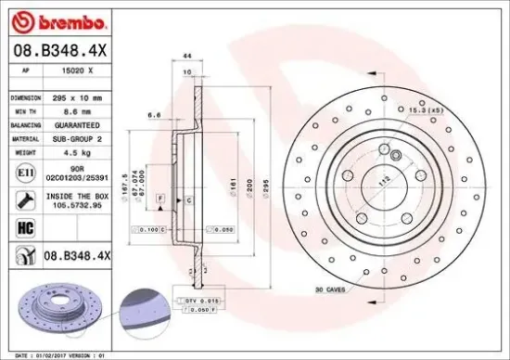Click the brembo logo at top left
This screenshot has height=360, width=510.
click(57, 19)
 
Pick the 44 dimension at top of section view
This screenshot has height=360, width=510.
click(186, 58)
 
